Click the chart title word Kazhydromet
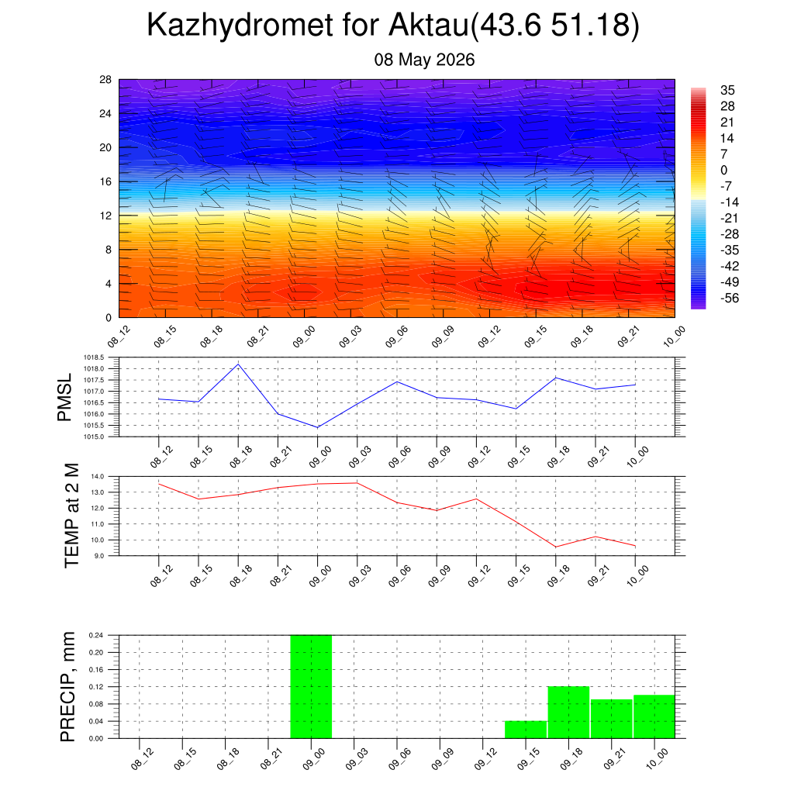[x=240, y=26]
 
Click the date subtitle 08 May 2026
[x=424, y=60]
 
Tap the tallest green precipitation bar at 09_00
[x=311, y=687]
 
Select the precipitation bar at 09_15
[x=526, y=730]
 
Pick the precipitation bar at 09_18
[x=568, y=713]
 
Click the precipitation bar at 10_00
[x=654, y=716]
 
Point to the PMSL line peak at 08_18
[x=239, y=364]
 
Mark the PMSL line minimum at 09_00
[x=317, y=427]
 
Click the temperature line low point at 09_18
[x=556, y=547]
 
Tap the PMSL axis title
[x=65, y=398]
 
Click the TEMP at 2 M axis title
[x=72, y=516]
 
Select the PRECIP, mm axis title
[x=67, y=687]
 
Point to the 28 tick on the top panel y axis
[x=105, y=80]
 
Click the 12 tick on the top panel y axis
[x=105, y=216]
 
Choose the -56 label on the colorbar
[x=729, y=299]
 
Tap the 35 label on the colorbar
[x=727, y=90]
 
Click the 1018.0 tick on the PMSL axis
[x=94, y=368]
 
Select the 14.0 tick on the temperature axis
[x=97, y=477]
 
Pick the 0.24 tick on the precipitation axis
[x=96, y=635]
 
